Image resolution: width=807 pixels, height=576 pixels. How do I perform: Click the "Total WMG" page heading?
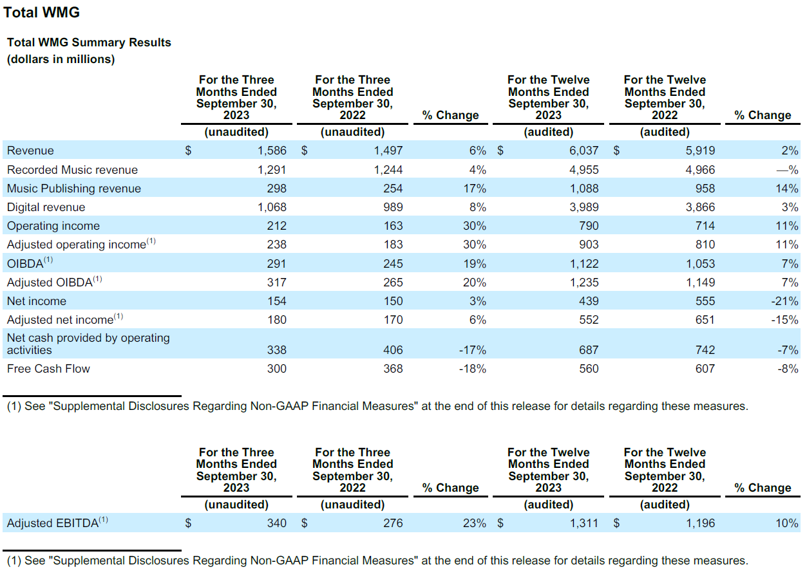pos(41,13)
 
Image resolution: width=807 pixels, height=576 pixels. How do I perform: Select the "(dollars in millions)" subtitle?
pos(61,59)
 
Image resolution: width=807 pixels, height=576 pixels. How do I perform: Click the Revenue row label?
pos(30,151)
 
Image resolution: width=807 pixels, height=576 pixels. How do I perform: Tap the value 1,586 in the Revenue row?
pos(272,151)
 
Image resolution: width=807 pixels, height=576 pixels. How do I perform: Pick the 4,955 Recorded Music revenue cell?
pos(584,170)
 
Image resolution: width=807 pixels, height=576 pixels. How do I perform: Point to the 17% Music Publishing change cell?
pos(475,189)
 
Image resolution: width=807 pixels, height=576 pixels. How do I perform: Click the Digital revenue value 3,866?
pos(700,207)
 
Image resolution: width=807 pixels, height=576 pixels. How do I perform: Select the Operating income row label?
pos(53,226)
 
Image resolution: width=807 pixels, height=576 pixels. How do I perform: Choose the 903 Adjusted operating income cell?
pos(589,245)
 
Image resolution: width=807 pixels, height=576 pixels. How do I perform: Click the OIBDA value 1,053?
pos(700,264)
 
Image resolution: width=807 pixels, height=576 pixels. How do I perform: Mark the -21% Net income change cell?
pos(784,301)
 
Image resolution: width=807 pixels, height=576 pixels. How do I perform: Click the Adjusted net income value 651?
pos(705,320)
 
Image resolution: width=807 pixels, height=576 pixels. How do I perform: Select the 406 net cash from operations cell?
pos(393,350)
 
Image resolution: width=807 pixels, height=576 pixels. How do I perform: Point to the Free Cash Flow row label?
pos(48,369)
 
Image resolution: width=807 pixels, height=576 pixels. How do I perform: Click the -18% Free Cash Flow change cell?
pos(472,369)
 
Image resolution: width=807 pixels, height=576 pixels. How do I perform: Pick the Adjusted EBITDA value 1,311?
pos(584,523)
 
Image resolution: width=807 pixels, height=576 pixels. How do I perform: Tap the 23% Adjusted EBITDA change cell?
pos(475,523)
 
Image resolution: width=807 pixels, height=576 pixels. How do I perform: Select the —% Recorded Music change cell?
pos(787,170)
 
